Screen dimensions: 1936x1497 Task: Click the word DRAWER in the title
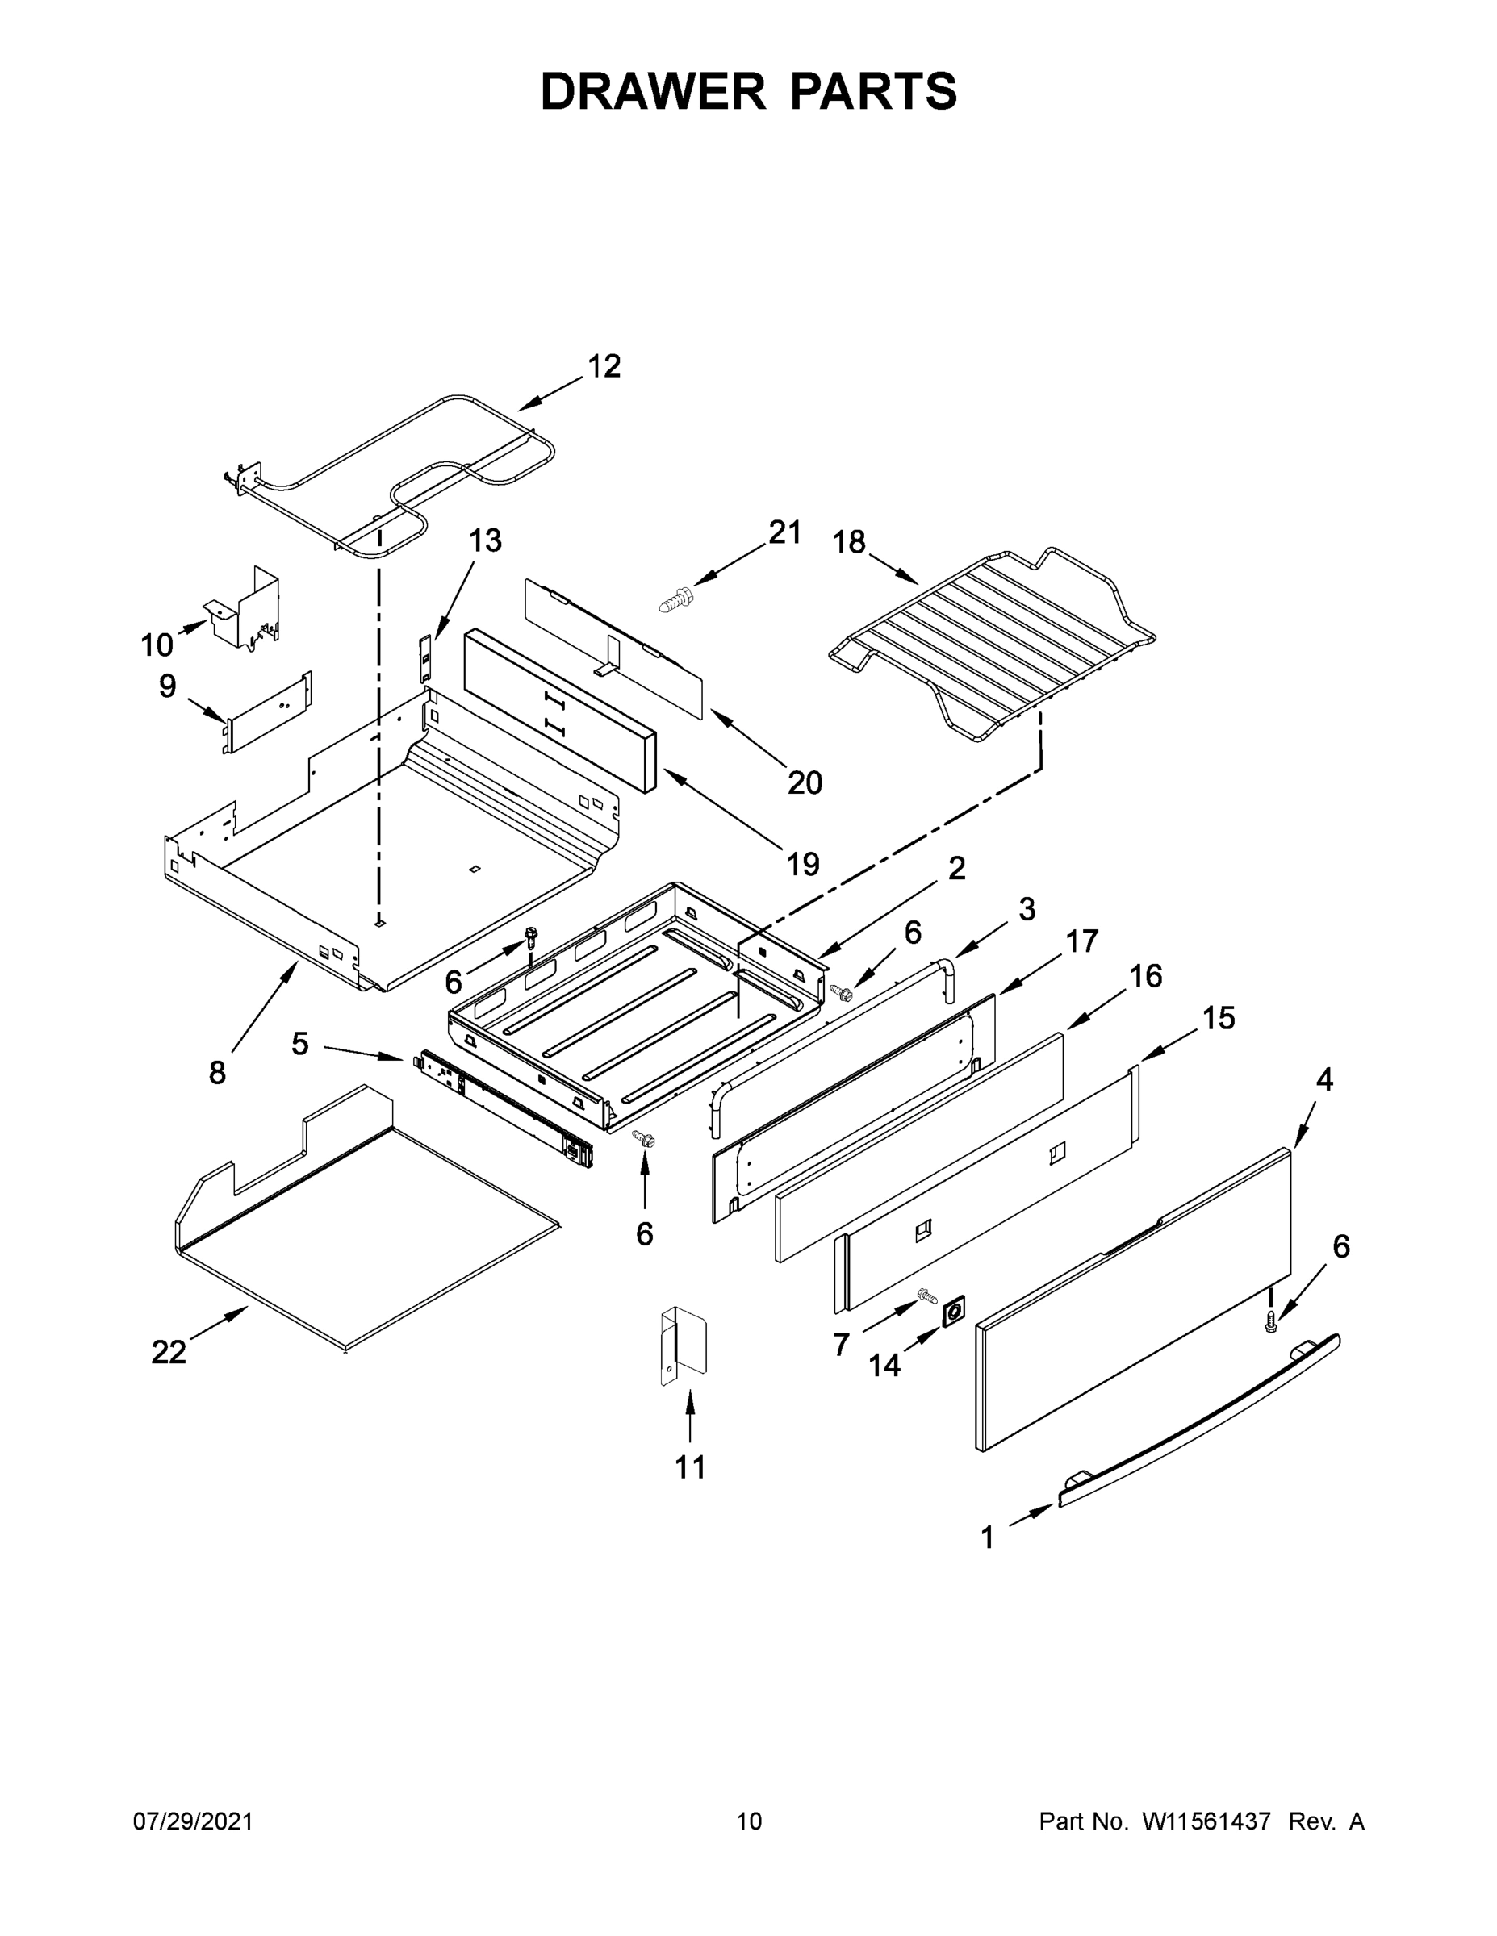653,92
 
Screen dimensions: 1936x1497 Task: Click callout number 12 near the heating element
604,366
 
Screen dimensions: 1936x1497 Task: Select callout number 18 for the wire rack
849,541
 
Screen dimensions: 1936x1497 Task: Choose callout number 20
805,782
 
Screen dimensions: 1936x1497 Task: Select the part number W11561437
1206,1821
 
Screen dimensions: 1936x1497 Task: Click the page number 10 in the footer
749,1821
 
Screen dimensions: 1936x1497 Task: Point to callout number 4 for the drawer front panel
1324,1079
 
